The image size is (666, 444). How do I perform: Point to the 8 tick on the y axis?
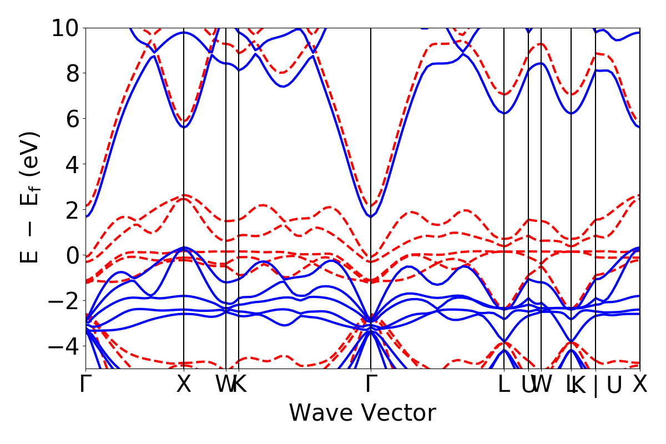tap(71, 73)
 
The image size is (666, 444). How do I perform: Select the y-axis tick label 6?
tap(71, 119)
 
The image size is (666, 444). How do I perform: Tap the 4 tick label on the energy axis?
tap(71, 164)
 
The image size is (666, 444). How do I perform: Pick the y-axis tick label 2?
tap(71, 210)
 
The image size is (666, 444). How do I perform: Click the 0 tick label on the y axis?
tap(71, 255)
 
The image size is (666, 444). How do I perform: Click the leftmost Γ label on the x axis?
tap(85, 385)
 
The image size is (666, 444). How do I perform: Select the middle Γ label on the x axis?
tap(371, 385)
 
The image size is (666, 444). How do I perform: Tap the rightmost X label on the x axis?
tap(640, 385)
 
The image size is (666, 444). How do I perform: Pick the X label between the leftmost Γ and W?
tap(184, 385)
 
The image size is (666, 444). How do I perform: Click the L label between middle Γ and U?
tap(504, 385)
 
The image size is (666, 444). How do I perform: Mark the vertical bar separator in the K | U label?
tap(596, 386)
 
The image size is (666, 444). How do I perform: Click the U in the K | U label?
tap(613, 385)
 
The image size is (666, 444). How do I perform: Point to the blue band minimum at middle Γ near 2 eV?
tap(371, 216)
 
